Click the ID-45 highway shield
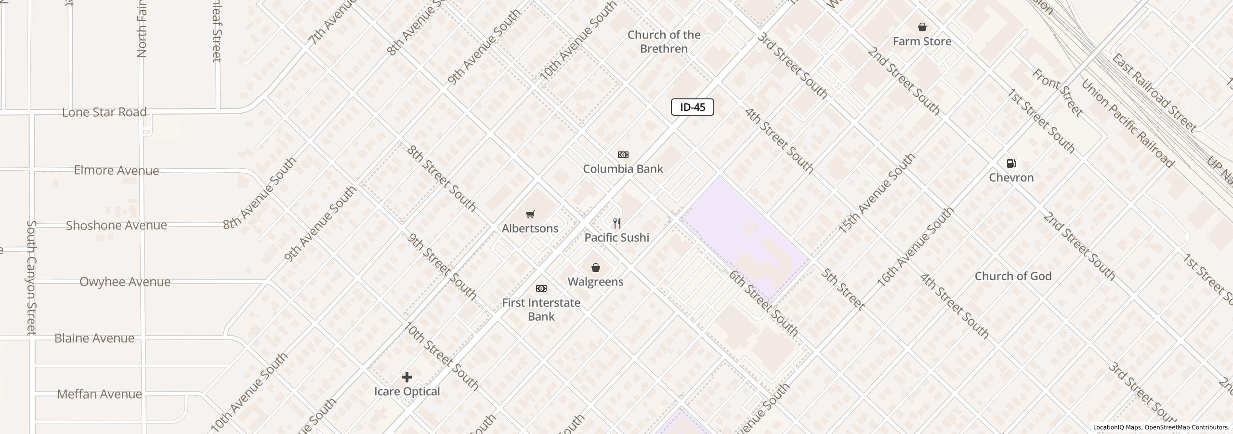coord(692,107)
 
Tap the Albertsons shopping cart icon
coord(530,215)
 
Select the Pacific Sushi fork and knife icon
coord(616,223)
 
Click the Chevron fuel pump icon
coord(1011,163)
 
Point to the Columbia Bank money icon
coord(623,155)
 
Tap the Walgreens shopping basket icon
coord(595,268)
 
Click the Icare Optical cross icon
coord(407,377)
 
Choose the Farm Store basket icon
coord(922,27)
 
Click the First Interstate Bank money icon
coord(541,288)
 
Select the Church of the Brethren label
coord(664,42)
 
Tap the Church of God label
coord(1013,276)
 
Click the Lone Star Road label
coord(104,112)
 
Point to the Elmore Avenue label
coord(116,170)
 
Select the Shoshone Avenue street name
coord(116,225)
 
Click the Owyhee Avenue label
coord(125,282)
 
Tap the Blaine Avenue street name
coord(94,338)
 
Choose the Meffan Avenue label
coord(99,394)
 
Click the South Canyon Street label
coord(31,278)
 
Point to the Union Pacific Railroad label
coord(1127,123)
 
